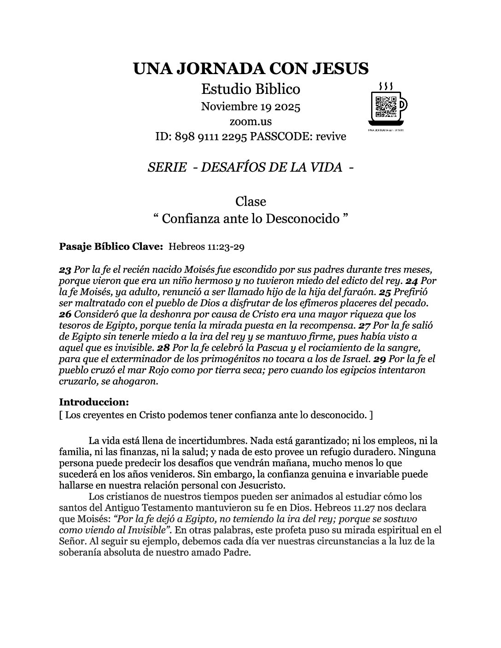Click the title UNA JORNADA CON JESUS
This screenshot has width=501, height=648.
(250, 69)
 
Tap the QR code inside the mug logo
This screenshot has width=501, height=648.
(386, 107)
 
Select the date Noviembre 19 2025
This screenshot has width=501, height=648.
(250, 107)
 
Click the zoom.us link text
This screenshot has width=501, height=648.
(250, 122)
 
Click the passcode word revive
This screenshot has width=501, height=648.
(331, 137)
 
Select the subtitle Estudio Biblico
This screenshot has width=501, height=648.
(250, 88)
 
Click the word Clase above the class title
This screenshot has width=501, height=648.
(250, 202)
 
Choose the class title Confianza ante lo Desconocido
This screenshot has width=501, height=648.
(250, 218)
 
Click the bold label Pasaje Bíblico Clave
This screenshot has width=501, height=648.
(111, 247)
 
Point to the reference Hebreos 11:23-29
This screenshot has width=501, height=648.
(206, 247)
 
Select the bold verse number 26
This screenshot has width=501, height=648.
(65, 314)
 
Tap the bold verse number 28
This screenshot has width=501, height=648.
(163, 347)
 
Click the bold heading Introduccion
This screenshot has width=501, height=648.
(94, 402)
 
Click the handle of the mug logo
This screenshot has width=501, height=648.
(402, 105)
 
